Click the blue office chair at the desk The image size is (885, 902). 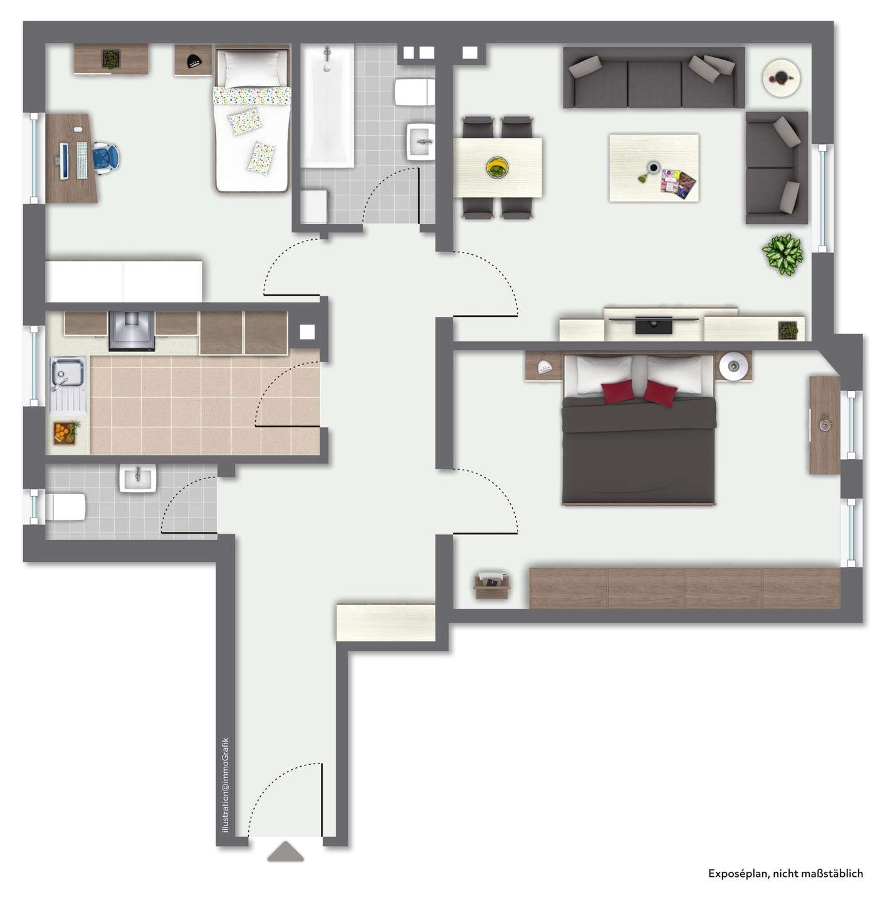(105, 156)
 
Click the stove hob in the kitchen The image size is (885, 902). (132, 330)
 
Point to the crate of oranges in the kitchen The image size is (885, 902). (64, 432)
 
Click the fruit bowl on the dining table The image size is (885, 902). (497, 167)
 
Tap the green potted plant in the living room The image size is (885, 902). (782, 254)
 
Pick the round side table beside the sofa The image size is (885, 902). (781, 77)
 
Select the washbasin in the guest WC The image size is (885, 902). (138, 479)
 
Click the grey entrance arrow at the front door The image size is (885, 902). (285, 852)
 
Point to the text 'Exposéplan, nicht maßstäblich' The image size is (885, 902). (785, 873)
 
